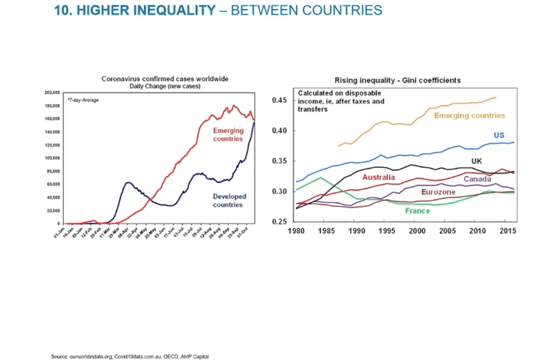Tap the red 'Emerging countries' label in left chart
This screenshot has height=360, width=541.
tap(228, 134)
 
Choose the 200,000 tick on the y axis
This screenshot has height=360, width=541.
tap(52, 92)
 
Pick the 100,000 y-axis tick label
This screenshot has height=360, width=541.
tap(52, 157)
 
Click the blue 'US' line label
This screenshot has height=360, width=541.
tap(499, 135)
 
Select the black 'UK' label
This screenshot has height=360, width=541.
tap(476, 161)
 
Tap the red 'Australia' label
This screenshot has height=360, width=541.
tap(379, 177)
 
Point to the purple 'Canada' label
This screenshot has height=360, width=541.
tap(477, 179)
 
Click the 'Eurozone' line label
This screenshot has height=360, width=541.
tap(438, 192)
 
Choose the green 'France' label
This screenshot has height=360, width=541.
tap(417, 210)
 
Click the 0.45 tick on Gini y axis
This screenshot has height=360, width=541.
tap(280, 101)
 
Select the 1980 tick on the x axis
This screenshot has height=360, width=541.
tap(297, 231)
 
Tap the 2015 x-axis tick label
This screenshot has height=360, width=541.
tap(507, 231)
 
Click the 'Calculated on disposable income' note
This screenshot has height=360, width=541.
tap(341, 101)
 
